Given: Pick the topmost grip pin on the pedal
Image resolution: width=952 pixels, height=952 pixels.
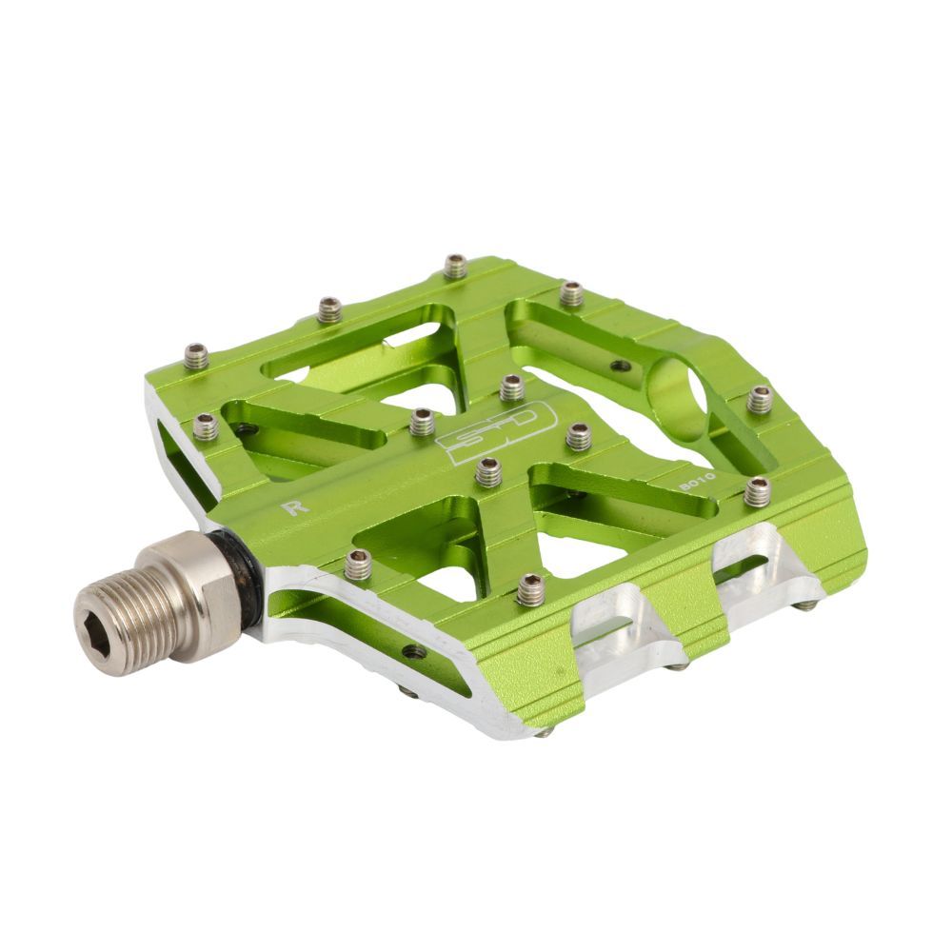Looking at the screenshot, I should coord(456,266).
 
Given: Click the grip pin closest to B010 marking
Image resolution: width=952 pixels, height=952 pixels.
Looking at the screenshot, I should coord(757,491).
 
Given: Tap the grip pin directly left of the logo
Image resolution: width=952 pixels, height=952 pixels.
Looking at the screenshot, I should coord(423,422).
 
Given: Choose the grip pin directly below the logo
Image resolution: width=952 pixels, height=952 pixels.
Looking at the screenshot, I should coord(488,471).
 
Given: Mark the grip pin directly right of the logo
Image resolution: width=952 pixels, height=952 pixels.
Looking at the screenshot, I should coord(579,436).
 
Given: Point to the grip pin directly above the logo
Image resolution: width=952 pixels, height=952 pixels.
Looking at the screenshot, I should coord(511,387).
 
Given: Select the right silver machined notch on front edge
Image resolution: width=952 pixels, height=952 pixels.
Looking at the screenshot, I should coord(762,568).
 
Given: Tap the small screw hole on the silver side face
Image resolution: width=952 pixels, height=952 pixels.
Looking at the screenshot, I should coord(414,652).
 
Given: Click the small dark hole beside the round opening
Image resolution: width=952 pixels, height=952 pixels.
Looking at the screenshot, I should coord(620,365).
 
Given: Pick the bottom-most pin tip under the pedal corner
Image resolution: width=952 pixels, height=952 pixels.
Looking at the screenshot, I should coord(543,732).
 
